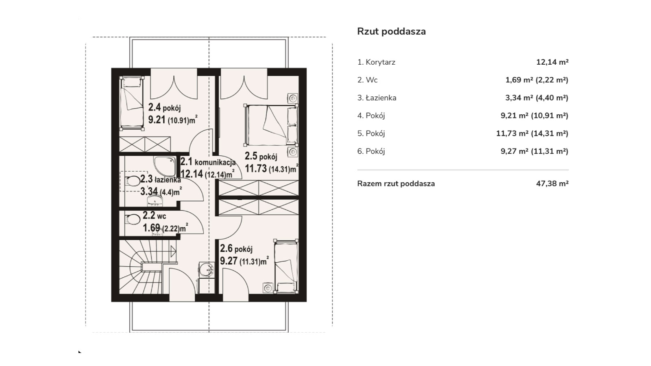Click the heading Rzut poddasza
click(391, 31)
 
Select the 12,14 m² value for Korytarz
click(552, 62)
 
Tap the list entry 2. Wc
click(367, 80)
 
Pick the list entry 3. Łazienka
click(377, 98)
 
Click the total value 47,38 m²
click(552, 183)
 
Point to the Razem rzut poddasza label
click(396, 184)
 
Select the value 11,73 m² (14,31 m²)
click(532, 133)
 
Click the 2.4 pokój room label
click(165, 107)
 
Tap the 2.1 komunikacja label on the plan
click(208, 161)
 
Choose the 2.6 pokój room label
click(236, 249)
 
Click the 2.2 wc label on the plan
click(155, 216)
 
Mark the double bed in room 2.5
click(271, 125)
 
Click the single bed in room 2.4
click(132, 103)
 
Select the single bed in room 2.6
click(286, 266)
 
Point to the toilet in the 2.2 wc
click(133, 220)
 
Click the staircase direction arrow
click(173, 251)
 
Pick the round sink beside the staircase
click(207, 270)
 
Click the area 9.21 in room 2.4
click(157, 120)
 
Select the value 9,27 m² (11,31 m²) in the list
click(534, 151)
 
